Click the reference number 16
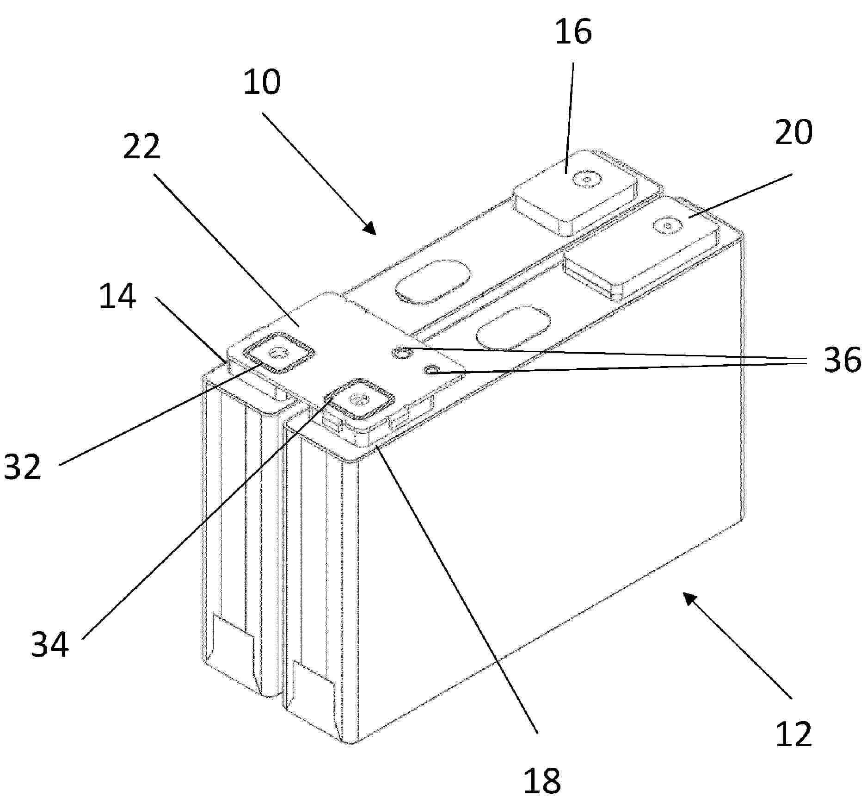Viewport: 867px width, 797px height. pos(573,32)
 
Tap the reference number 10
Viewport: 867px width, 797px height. pos(262,82)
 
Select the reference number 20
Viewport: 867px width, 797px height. pos(793,132)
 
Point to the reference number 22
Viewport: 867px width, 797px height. pos(141,146)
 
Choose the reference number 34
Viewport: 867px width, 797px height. pos(50,644)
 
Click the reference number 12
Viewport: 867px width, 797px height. pos(793,734)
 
